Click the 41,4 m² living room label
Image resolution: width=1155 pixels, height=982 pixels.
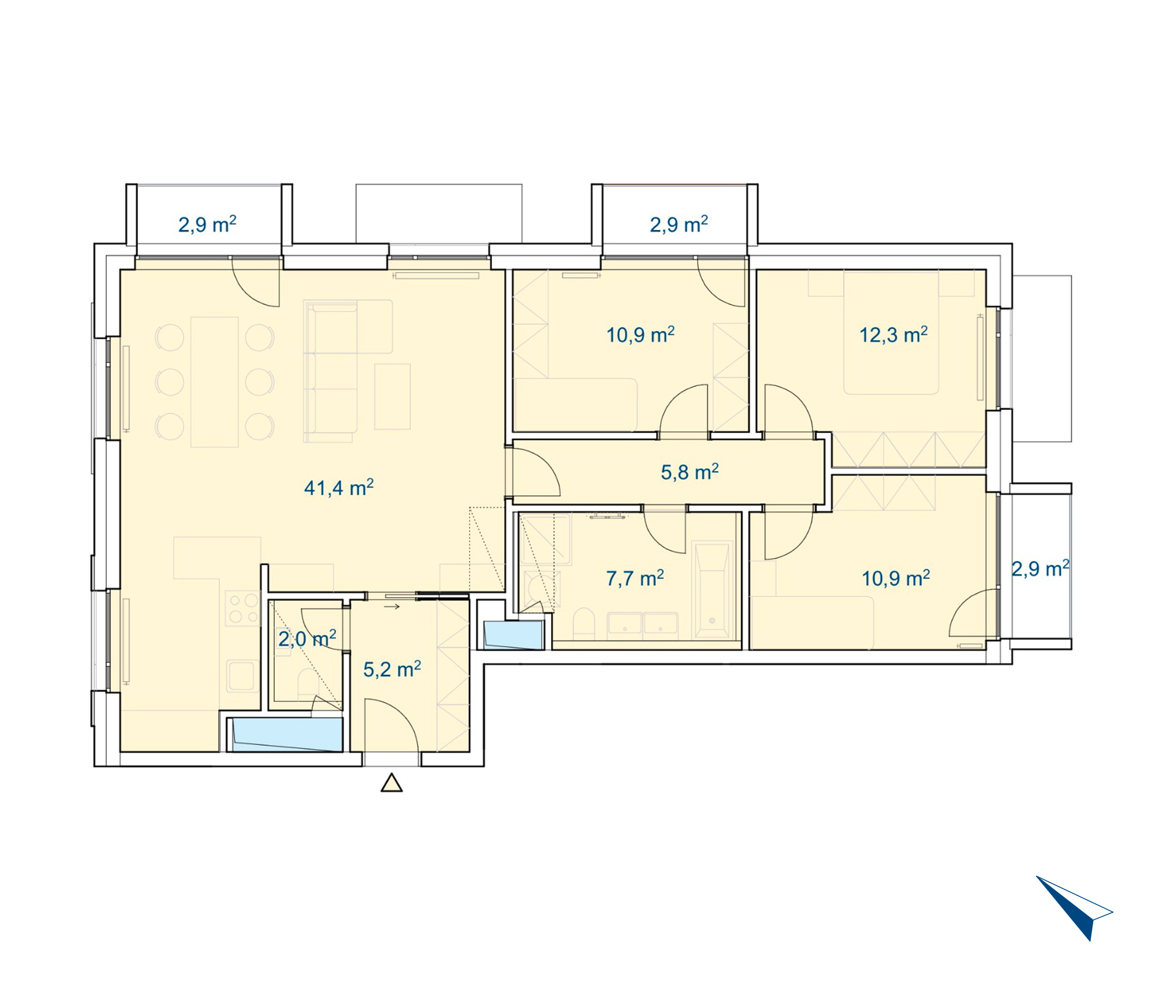[339, 488]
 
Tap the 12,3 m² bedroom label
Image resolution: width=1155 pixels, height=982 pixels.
[893, 334]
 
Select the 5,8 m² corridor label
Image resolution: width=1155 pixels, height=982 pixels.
[690, 472]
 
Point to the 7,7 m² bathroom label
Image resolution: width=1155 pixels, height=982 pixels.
[635, 578]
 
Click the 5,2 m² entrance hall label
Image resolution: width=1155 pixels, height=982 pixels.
[392, 669]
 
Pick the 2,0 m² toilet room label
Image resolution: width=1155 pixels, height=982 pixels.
[307, 639]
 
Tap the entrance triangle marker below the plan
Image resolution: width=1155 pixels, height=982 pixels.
[392, 783]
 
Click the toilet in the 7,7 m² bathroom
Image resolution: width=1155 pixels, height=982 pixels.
[584, 623]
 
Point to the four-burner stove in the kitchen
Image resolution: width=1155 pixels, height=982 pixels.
[243, 608]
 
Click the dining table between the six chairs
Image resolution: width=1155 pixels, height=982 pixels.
[215, 382]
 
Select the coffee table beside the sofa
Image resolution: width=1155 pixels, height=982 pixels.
[392, 396]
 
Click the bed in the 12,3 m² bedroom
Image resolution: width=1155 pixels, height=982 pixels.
[891, 333]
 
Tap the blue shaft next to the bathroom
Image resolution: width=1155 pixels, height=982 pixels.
[513, 634]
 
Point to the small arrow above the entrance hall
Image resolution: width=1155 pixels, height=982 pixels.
[392, 607]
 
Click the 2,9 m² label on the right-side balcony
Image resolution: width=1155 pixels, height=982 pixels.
[1041, 568]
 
